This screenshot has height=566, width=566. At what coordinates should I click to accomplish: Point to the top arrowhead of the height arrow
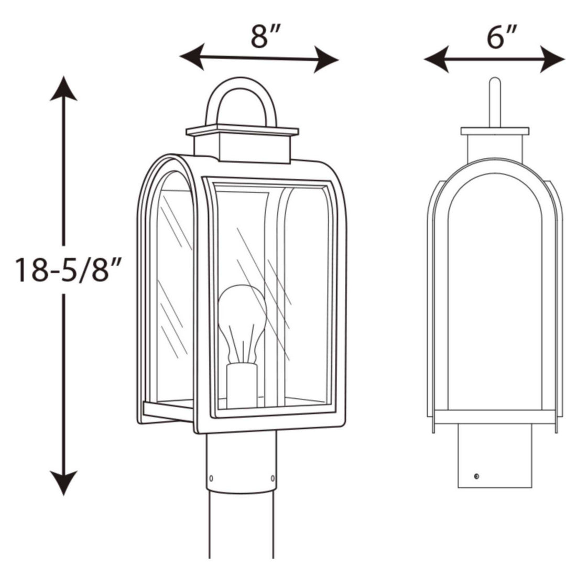click(x=63, y=88)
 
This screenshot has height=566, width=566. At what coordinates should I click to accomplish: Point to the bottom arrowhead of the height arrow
click(x=63, y=483)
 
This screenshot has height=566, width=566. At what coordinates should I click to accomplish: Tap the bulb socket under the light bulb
click(x=242, y=385)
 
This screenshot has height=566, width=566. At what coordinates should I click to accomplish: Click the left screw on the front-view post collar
click(x=211, y=478)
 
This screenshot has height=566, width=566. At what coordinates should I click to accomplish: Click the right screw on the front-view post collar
click(x=272, y=477)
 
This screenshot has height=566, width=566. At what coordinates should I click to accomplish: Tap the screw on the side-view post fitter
click(x=476, y=476)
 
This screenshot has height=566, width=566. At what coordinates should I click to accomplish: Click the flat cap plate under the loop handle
click(x=242, y=130)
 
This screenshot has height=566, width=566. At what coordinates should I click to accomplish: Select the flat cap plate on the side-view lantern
click(x=495, y=131)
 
